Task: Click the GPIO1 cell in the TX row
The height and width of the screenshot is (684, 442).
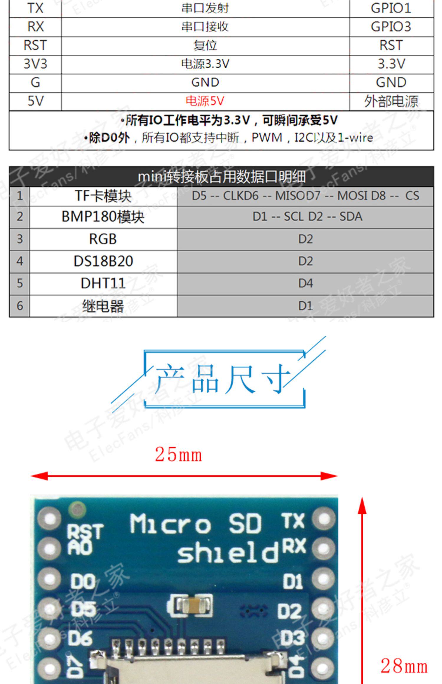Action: (391, 8)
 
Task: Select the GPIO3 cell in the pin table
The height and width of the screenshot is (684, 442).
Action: (391, 27)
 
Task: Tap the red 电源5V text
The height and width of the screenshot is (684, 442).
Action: (205, 101)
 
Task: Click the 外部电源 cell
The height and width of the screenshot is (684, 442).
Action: (391, 101)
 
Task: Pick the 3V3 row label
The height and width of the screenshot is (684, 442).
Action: (35, 64)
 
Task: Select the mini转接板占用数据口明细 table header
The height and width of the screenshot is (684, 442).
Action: (221, 177)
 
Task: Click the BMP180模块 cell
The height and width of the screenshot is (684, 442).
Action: (103, 217)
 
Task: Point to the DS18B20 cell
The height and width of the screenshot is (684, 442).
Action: (103, 261)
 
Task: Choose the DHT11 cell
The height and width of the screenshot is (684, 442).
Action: (103, 283)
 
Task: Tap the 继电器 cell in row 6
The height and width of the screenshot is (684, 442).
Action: (103, 306)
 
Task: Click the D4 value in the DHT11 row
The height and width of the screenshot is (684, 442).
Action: (305, 283)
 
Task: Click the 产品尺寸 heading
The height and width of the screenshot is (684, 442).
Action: (223, 379)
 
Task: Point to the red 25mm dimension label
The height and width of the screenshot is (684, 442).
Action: (179, 455)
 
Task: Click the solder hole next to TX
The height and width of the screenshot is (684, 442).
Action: (324, 519)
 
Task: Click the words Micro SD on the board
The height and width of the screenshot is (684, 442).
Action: (196, 524)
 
